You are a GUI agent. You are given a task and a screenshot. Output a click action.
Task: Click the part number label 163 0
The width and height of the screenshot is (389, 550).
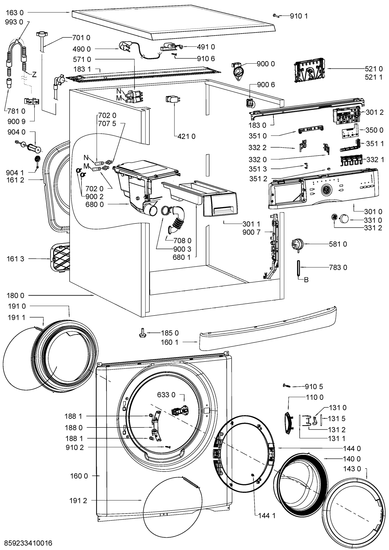click(x=15, y=12)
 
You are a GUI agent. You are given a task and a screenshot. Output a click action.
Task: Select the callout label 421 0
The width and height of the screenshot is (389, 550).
click(x=186, y=136)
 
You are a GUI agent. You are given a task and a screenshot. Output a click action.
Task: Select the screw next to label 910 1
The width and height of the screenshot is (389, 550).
click(x=276, y=15)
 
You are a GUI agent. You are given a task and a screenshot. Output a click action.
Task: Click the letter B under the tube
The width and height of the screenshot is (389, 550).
click(x=307, y=280)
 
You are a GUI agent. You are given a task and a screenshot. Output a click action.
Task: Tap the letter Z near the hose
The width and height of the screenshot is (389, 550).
click(x=34, y=74)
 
